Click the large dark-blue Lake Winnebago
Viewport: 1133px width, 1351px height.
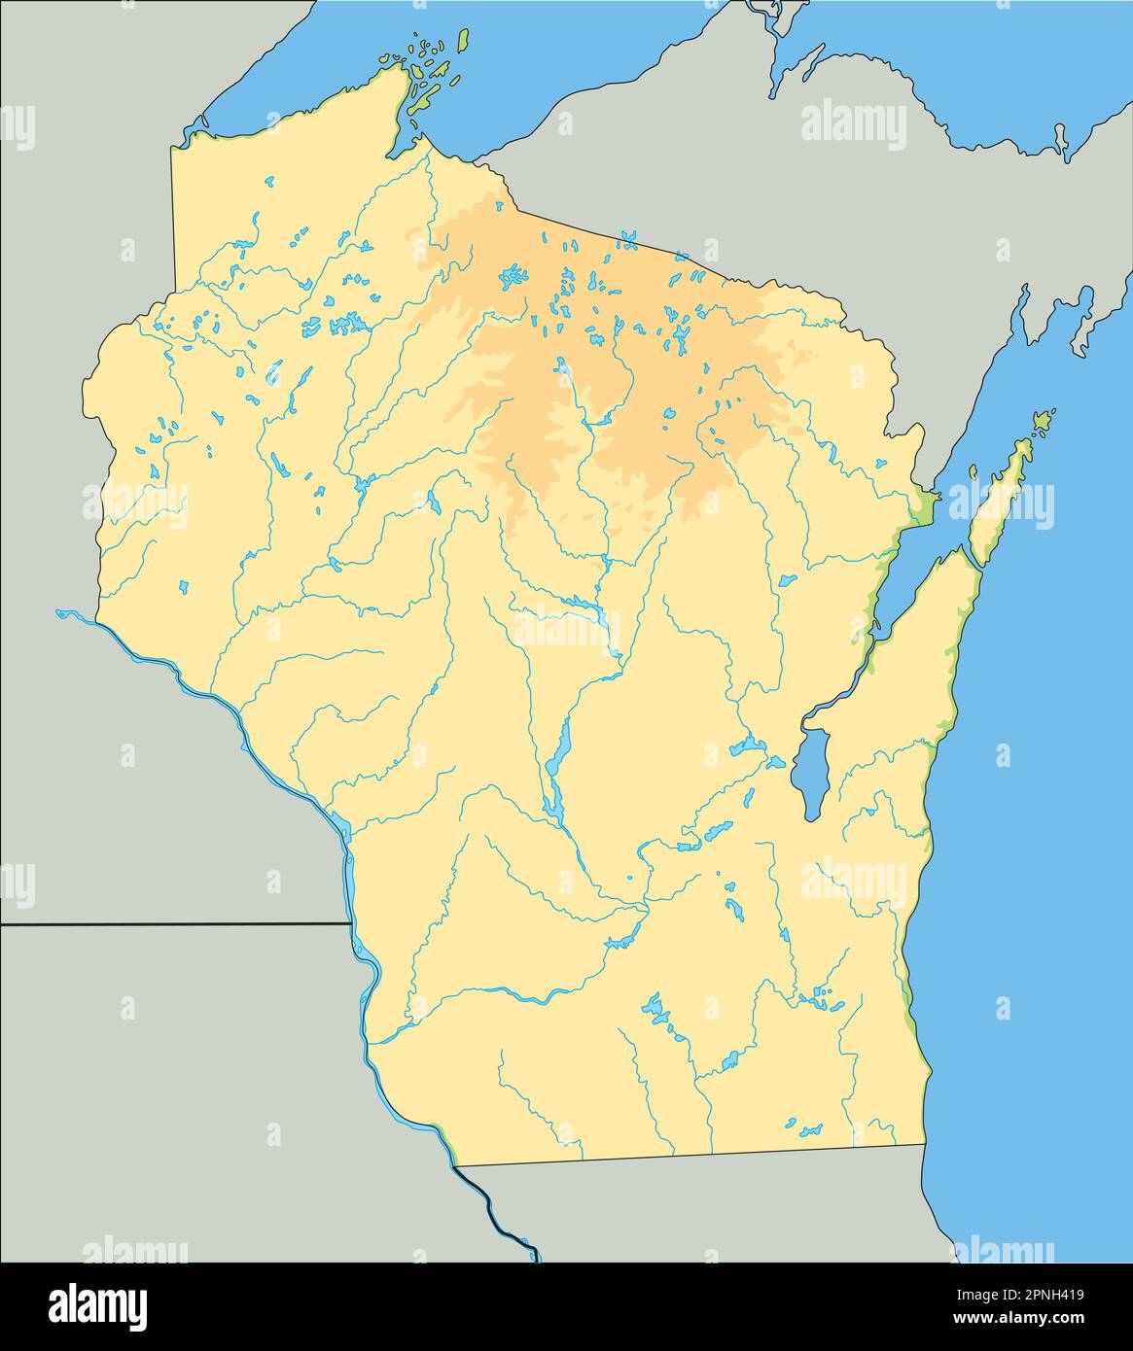pos(809,773)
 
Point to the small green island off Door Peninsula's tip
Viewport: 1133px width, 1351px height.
pos(1044,421)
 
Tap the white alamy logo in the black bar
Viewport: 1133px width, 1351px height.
pos(98,1305)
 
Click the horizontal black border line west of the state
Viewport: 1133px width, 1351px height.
pos(175,924)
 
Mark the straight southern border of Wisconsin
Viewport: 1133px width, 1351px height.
pos(690,1155)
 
